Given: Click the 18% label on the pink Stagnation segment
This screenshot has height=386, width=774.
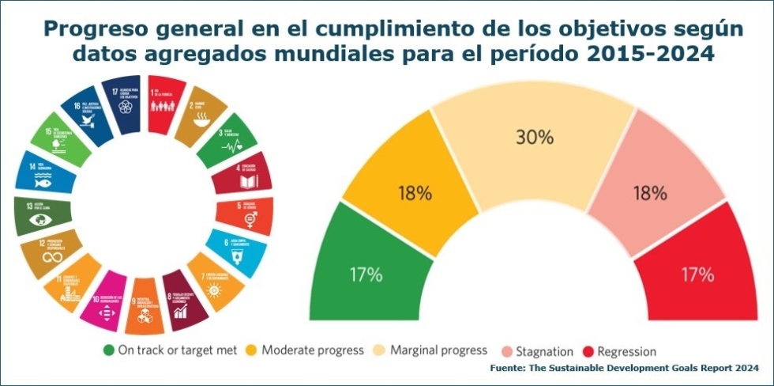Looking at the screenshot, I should pyautogui.click(x=651, y=191).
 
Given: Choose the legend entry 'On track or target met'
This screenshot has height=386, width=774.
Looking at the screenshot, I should pyautogui.click(x=170, y=350).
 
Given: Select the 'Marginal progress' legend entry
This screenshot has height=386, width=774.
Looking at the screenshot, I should pyautogui.click(x=432, y=350).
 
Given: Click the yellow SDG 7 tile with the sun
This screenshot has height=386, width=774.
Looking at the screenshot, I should pyautogui.click(x=216, y=280).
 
